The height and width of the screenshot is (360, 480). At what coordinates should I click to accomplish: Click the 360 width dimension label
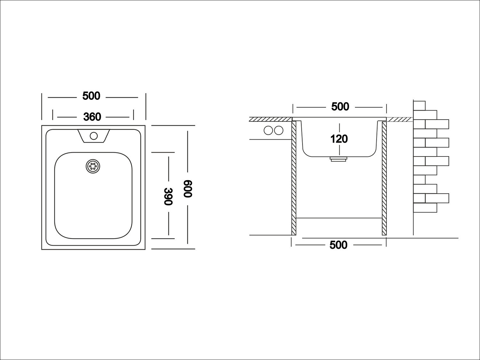pyautogui.click(x=92, y=117)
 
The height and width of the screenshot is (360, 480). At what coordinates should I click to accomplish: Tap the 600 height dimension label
pyautogui.click(x=188, y=189)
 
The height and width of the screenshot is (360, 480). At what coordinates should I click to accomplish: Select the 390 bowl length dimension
pyautogui.click(x=169, y=196)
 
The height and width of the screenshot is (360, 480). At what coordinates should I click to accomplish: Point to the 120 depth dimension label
pyautogui.click(x=339, y=139)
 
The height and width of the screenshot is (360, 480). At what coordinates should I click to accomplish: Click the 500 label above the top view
pyautogui.click(x=91, y=96)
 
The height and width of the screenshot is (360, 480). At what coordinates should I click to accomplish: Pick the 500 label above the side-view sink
pyautogui.click(x=340, y=107)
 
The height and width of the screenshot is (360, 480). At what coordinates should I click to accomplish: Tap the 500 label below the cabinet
pyautogui.click(x=338, y=245)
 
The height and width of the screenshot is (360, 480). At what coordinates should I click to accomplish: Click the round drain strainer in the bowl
pyautogui.click(x=93, y=166)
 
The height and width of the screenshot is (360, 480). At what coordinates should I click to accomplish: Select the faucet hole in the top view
pyautogui.click(x=93, y=136)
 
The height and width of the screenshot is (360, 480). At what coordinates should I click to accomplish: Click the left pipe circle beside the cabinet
pyautogui.click(x=268, y=131)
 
